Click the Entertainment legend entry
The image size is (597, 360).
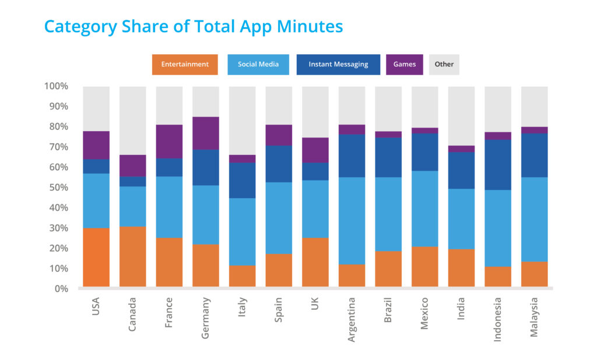click(185, 64)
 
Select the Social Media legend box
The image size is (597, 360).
click(258, 64)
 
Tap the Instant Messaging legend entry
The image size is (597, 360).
click(338, 64)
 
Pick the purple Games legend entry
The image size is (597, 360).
click(405, 64)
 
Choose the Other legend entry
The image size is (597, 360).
click(444, 64)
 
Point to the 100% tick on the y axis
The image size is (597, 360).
click(56, 86)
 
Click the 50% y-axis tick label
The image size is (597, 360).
click(58, 187)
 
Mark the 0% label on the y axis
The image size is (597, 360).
click(61, 289)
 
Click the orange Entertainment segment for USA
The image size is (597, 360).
click(96, 257)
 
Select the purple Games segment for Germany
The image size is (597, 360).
click(206, 133)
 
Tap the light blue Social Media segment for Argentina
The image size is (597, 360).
click(352, 221)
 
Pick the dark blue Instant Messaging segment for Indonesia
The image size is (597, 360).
click(498, 165)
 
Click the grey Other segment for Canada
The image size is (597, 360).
click(133, 121)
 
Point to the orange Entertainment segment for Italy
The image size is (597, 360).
click(242, 276)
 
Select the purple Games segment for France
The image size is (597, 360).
click(169, 142)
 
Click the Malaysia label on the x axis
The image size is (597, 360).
click(534, 317)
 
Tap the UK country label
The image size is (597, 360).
click(315, 303)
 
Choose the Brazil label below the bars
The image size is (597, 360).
click(388, 310)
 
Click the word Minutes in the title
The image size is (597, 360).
click(310, 26)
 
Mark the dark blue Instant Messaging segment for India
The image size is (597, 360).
click(462, 171)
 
